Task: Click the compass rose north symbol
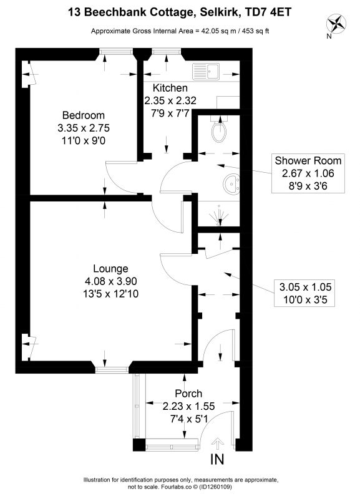pyautogui.click(x=336, y=24)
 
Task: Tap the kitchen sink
pyautogui.click(x=206, y=71)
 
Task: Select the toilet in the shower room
pyautogui.click(x=219, y=130)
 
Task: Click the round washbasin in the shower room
pyautogui.click(x=231, y=184)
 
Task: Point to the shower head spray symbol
pyautogui.click(x=220, y=215)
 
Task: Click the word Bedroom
pyautogui.click(x=84, y=115)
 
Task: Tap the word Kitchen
pyautogui.click(x=170, y=88)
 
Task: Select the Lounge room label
pyautogui.click(x=110, y=269)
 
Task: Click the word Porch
pyautogui.click(x=188, y=394)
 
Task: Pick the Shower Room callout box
pyautogui.click(x=308, y=173)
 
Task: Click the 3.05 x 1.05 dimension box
pyautogui.click(x=304, y=293)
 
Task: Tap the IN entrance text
pyautogui.click(x=217, y=459)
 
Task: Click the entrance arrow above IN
pyautogui.click(x=218, y=444)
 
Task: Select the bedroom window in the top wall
pyautogui.click(x=115, y=51)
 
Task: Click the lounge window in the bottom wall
pyautogui.click(x=112, y=370)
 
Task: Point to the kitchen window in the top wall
pyautogui.click(x=166, y=51)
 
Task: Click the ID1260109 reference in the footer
pyautogui.click(x=216, y=487)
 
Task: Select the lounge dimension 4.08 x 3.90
pyautogui.click(x=111, y=281)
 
